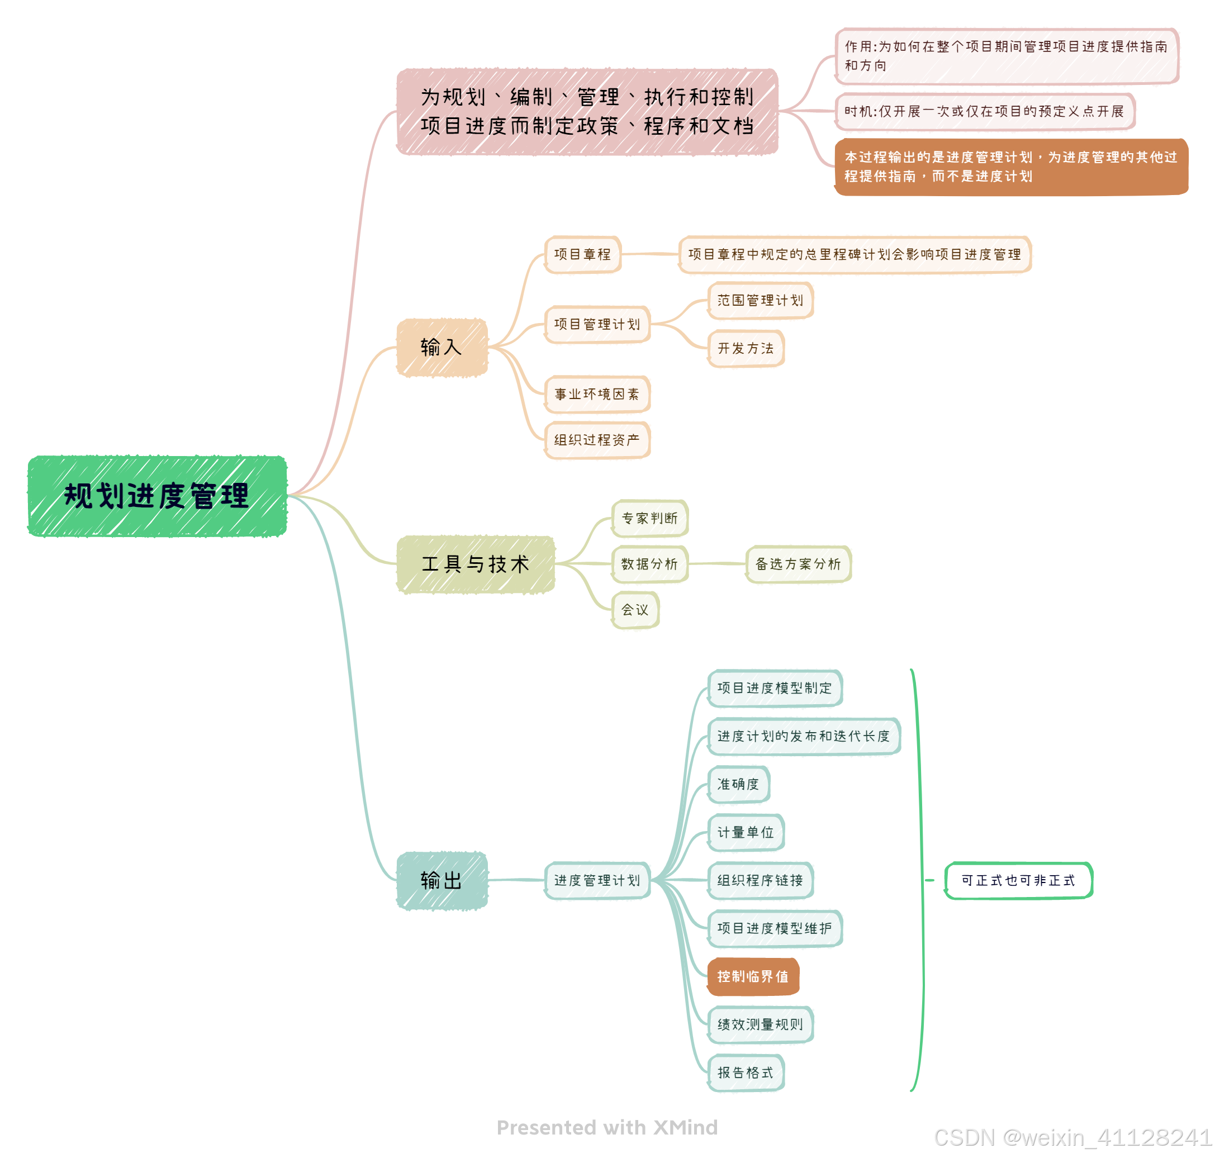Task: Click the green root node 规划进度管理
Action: coord(157,496)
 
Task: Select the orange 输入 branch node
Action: coord(442,348)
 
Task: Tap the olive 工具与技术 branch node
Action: coord(476,564)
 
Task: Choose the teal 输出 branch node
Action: coord(442,880)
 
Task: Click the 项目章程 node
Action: coord(582,254)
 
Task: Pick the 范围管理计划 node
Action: coord(760,301)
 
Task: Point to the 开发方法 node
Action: coord(745,349)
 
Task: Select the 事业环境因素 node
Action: coord(596,395)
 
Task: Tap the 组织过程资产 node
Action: coord(596,440)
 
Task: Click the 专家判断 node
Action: coord(649,519)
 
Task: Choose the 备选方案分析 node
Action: coord(798,564)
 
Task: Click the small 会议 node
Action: coord(635,610)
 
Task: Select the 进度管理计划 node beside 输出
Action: coord(596,880)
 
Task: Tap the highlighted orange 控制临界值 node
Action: coord(753,976)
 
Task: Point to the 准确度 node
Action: coord(738,785)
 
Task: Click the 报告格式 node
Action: coord(745,1073)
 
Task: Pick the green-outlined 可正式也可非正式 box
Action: coord(1018,880)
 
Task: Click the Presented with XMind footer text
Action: coord(607,1127)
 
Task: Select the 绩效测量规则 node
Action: coord(760,1024)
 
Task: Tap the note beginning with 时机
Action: coord(984,112)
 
